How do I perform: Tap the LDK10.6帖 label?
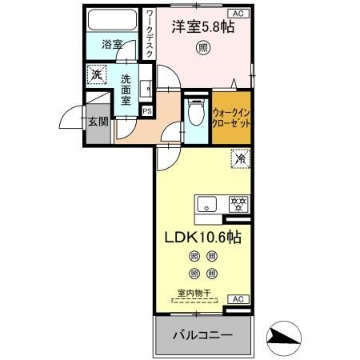pyautogui.click(x=203, y=237)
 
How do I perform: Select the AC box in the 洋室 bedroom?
pyautogui.click(x=238, y=14)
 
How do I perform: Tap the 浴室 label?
pyautogui.click(x=112, y=45)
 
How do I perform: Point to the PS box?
pyautogui.click(x=146, y=110)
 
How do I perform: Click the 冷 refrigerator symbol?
pyautogui.click(x=238, y=159)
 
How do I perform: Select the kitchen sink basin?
pyautogui.click(x=207, y=202)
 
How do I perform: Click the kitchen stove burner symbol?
pyautogui.click(x=237, y=202)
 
